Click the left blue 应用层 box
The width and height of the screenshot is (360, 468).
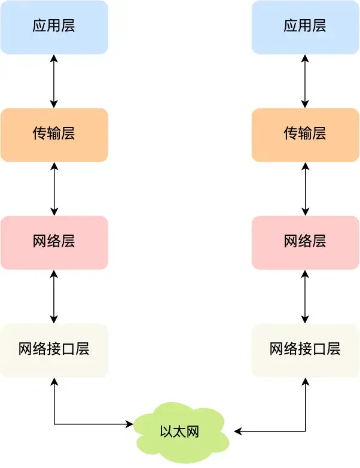[x=54, y=27]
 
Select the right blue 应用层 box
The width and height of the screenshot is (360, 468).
[x=305, y=27]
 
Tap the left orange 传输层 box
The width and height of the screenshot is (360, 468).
[x=54, y=135]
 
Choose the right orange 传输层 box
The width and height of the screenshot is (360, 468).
[x=305, y=135]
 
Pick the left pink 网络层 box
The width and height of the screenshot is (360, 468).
[x=54, y=242]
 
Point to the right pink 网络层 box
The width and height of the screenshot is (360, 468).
[x=305, y=242]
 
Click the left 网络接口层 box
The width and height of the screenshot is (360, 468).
[x=54, y=350]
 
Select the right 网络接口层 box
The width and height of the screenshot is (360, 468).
[x=305, y=350]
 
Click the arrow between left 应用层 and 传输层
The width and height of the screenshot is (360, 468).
[x=54, y=81]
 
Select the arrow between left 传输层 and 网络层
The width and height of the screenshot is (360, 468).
[x=54, y=189]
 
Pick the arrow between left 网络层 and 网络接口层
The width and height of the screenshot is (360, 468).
[x=54, y=296]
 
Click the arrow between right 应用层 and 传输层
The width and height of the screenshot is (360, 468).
[x=306, y=81]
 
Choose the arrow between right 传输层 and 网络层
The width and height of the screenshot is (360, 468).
[x=306, y=189]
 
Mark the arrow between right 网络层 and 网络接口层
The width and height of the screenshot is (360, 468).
[x=306, y=296]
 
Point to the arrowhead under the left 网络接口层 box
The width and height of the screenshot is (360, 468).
[x=54, y=381]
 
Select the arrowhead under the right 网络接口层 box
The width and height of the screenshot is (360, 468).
[x=306, y=381]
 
